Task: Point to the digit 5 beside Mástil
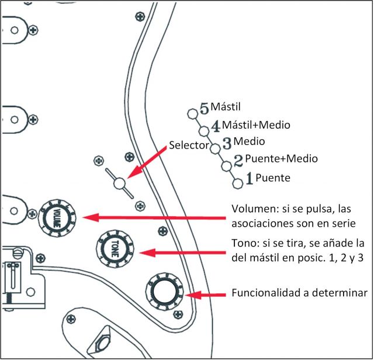coord(204,109)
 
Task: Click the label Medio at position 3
coord(249,141)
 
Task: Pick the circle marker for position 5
coord(192,113)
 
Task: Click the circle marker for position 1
coord(237,184)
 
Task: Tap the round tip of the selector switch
coord(120,184)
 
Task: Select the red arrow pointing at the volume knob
coord(152,217)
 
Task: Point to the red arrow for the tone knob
coord(181,252)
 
